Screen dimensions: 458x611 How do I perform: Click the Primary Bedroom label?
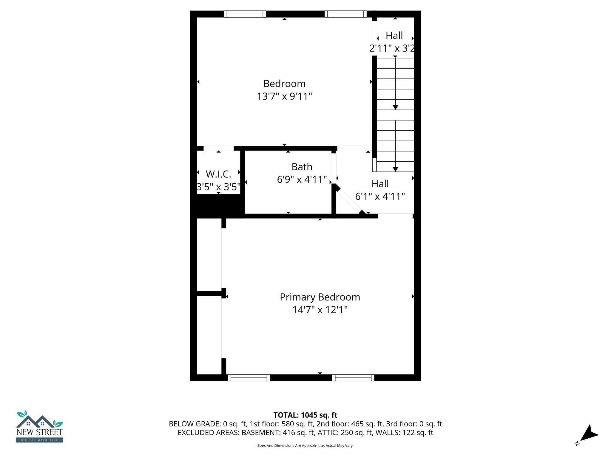320,297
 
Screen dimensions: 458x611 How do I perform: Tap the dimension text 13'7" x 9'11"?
284,96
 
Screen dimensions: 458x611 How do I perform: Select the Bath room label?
302,167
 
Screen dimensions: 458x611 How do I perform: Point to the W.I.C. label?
218,174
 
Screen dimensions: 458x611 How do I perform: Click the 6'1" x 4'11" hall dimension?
380,196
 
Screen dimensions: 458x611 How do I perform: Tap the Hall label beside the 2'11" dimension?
394,35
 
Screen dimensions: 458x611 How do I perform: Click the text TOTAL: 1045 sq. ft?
305,415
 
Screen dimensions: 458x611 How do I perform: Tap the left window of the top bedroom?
245,14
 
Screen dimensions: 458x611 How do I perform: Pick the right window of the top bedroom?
345,14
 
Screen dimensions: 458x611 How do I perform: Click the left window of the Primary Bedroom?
249,378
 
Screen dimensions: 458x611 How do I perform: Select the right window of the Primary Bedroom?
353,378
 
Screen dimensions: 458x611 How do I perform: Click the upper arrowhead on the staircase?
395,107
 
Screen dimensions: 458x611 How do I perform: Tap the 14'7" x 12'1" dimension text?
320,310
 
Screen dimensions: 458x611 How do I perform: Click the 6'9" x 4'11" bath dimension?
302,180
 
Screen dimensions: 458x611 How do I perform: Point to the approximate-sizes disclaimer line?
305,445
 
